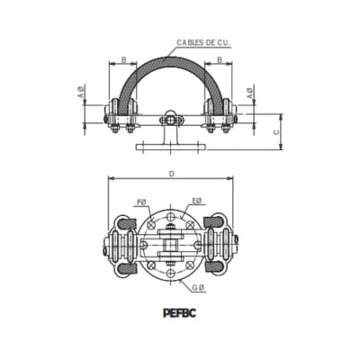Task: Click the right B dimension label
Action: click(x=219, y=62)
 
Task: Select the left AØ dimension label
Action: click(x=81, y=93)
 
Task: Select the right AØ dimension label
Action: click(x=251, y=93)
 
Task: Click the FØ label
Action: click(x=139, y=202)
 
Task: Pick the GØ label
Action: click(x=198, y=286)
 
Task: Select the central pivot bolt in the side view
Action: click(x=169, y=118)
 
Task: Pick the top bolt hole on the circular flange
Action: click(x=170, y=214)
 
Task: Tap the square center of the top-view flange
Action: click(x=170, y=243)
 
